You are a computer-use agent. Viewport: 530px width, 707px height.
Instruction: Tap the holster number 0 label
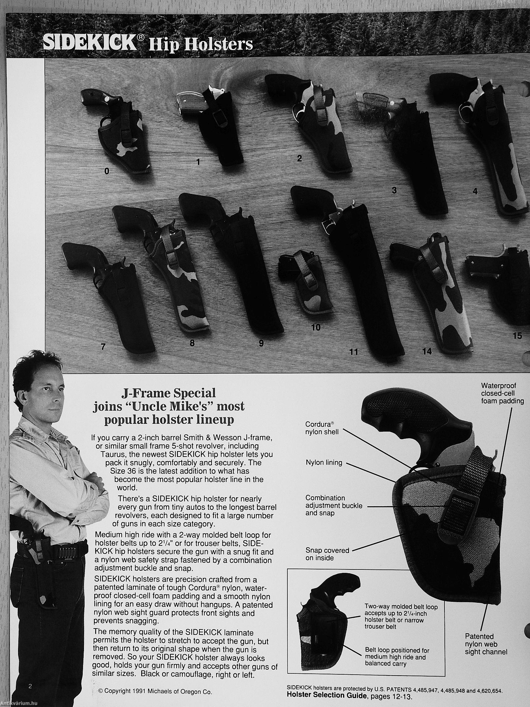click(107, 172)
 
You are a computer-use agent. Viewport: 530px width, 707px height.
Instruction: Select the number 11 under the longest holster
click(354, 352)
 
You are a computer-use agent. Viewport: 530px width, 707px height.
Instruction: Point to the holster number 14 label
click(427, 351)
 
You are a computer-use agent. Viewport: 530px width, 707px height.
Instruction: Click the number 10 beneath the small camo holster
click(316, 327)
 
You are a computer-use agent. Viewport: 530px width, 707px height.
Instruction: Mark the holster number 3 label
click(394, 190)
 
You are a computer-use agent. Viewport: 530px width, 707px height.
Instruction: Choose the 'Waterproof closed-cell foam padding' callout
click(503, 393)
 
